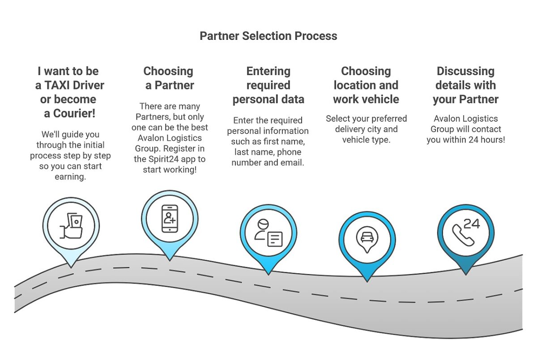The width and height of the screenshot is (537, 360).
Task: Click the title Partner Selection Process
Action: click(268, 36)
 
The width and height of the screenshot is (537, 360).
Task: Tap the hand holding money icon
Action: click(71, 226)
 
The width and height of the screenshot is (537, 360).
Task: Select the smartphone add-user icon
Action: click(170, 219)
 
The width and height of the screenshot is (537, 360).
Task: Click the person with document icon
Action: click(268, 233)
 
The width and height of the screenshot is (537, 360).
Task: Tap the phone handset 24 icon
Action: click(465, 231)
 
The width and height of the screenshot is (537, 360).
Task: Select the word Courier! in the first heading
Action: click(76, 113)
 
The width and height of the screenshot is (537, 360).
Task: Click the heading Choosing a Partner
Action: click(169, 78)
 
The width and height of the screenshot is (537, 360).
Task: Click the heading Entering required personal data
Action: click(268, 85)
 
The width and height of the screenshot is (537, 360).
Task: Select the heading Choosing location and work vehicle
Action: click(366, 85)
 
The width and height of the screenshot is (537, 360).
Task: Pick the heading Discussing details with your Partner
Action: click(465, 85)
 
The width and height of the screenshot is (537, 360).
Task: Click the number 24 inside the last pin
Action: click(472, 224)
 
